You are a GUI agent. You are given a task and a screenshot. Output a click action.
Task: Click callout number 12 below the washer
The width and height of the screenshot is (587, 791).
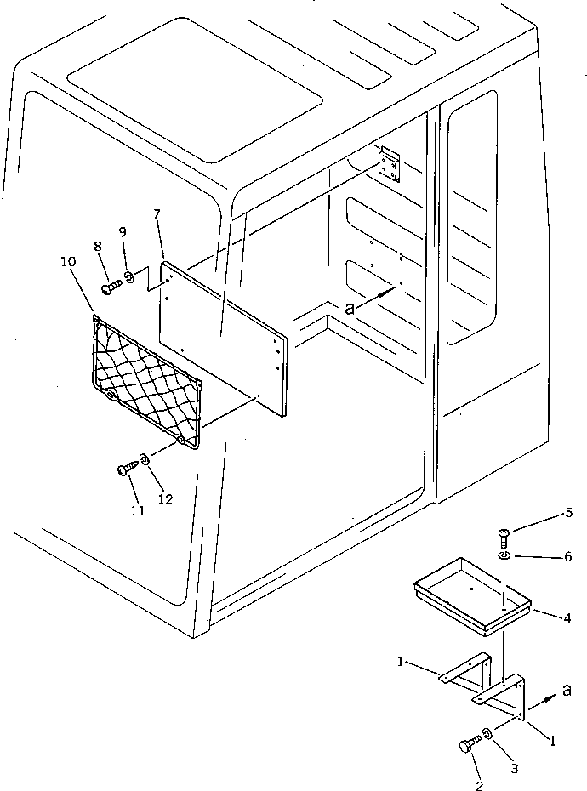tap(164, 499)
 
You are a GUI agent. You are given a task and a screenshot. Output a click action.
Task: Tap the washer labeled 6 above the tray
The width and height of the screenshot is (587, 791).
tap(504, 555)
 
